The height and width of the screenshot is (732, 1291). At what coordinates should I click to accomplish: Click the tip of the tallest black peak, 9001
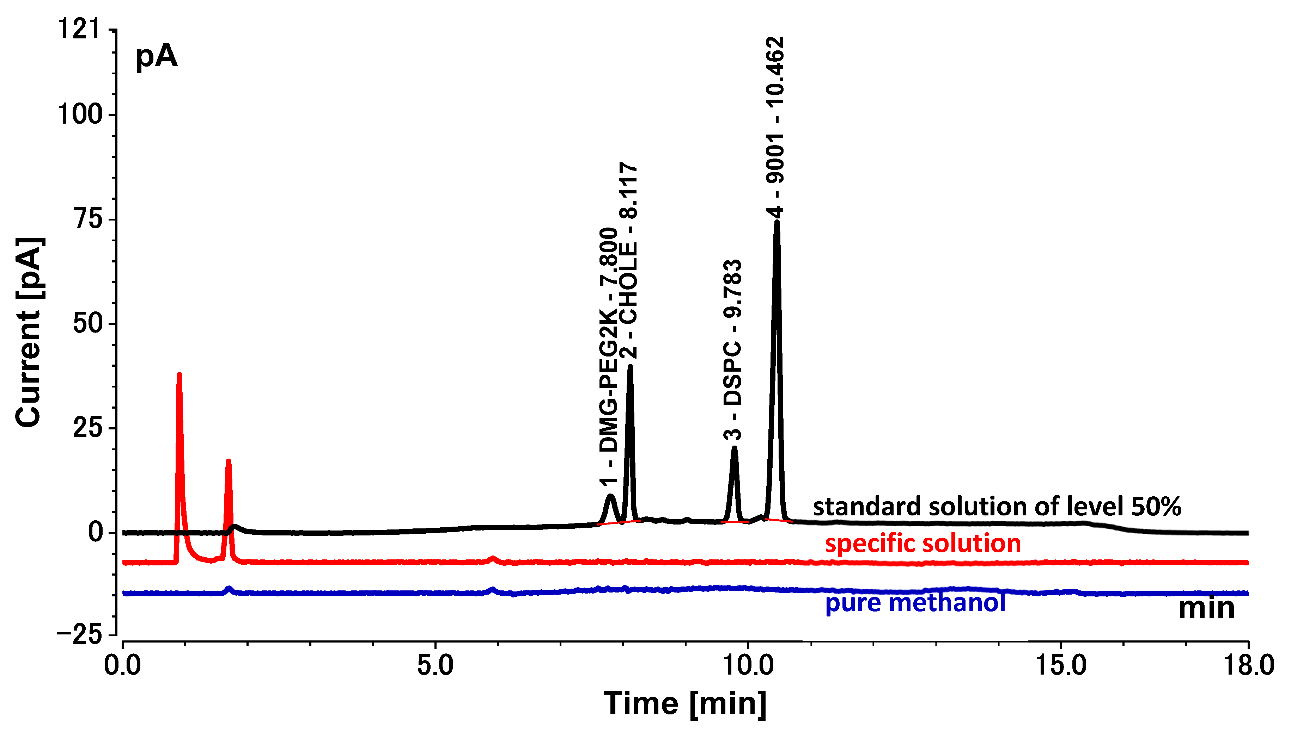click(x=777, y=222)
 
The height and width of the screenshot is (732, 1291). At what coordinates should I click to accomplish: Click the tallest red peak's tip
click(x=179, y=374)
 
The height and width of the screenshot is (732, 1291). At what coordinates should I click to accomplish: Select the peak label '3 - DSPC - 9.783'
click(x=732, y=349)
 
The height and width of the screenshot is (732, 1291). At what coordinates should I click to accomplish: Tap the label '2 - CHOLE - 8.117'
click(x=628, y=260)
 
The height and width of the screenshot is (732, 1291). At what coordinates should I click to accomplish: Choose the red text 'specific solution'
click(x=923, y=544)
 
